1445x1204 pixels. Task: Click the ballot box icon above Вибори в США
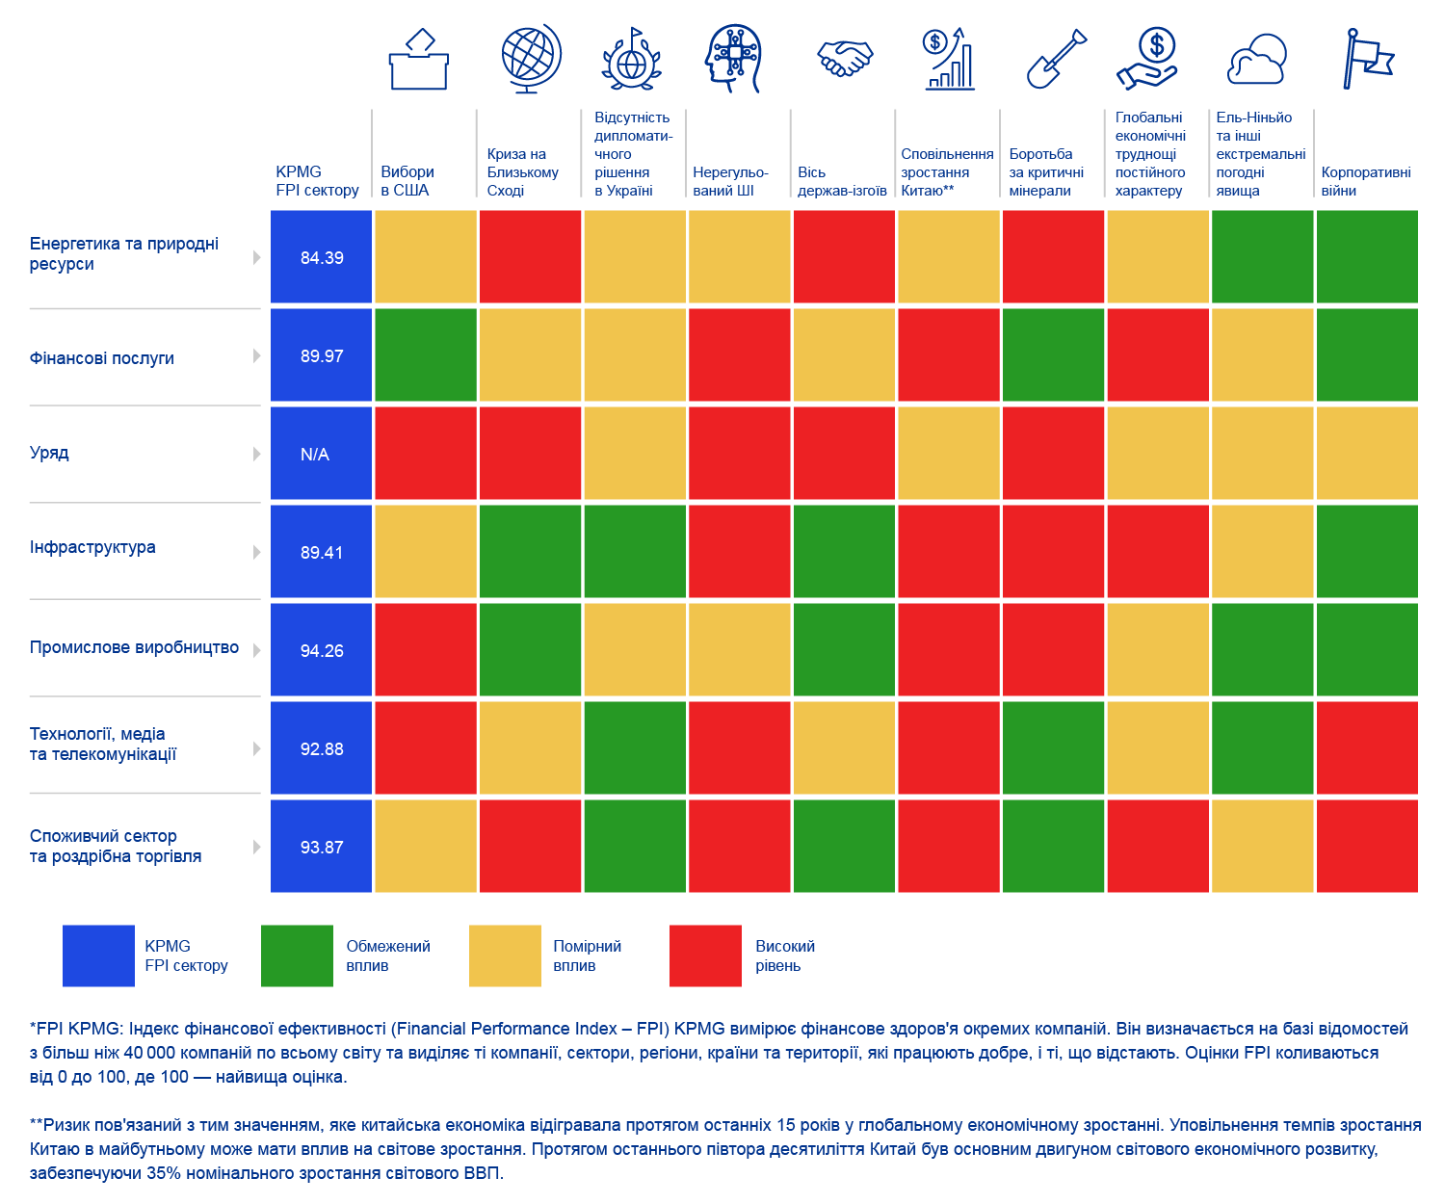tap(419, 60)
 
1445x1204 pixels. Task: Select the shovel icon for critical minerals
tap(1056, 60)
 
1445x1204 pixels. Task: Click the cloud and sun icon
tap(1257, 60)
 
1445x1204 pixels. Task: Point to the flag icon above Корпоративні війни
tap(1368, 60)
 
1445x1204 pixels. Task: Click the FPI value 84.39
tap(322, 258)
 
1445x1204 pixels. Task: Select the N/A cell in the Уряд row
tap(315, 455)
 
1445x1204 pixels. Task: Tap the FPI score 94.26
tap(322, 651)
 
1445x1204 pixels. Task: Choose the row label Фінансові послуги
tap(102, 358)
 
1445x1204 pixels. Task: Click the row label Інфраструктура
tap(92, 547)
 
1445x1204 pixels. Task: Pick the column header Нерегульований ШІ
tap(730, 181)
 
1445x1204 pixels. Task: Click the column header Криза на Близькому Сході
tap(522, 172)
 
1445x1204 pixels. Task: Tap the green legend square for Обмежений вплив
tap(297, 955)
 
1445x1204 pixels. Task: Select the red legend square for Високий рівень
tap(705, 955)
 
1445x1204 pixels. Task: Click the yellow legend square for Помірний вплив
tap(505, 955)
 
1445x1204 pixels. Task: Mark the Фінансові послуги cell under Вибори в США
tap(426, 354)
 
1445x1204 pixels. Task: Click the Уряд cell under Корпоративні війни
tap(1367, 453)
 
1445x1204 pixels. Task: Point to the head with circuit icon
tap(733, 60)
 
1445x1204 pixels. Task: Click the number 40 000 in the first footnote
tap(146, 1053)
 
